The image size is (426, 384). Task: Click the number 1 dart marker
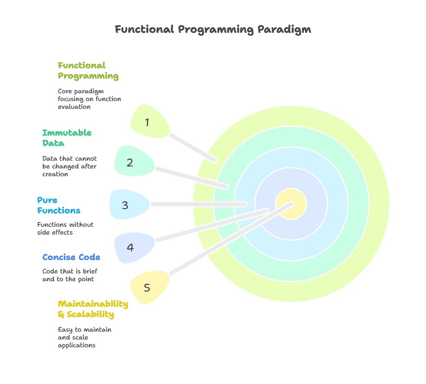tap(149, 122)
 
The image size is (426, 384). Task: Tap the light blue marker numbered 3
tap(128, 205)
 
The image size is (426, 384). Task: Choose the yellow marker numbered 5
tap(149, 288)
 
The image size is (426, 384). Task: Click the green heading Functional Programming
tap(88, 71)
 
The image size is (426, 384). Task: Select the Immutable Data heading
tap(67, 138)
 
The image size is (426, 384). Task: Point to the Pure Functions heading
tap(58, 205)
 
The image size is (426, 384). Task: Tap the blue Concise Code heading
tap(71, 257)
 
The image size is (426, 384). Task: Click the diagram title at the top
tap(213, 29)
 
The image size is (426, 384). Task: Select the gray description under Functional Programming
tap(88, 98)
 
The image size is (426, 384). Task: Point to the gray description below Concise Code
tap(70, 274)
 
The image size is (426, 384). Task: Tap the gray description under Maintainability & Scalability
tap(84, 337)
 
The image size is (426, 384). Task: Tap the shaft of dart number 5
tap(225, 242)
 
